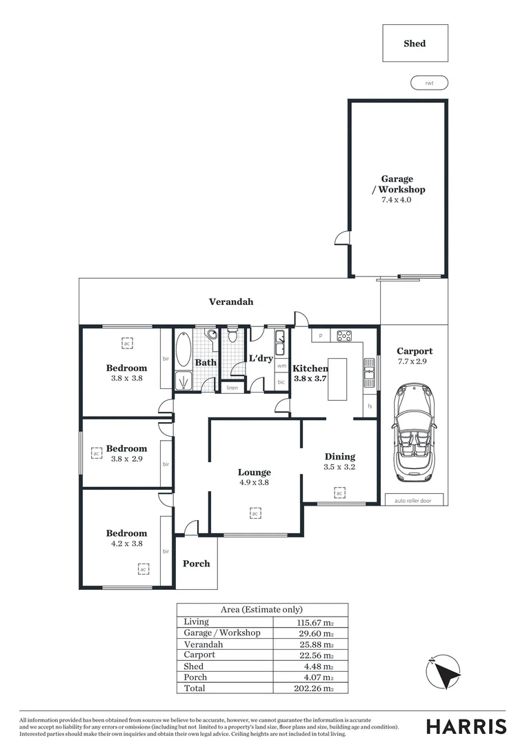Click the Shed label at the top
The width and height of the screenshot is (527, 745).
click(x=415, y=43)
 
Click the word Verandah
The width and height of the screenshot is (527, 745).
click(x=231, y=301)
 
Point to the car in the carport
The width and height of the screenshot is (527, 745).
click(x=414, y=436)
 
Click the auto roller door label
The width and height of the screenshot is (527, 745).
click(x=414, y=500)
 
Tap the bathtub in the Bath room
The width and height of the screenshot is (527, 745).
click(x=183, y=350)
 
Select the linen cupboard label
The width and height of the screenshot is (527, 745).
click(x=232, y=388)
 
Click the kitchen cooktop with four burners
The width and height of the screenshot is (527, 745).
click(x=344, y=336)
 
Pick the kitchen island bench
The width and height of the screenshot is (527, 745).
click(x=337, y=379)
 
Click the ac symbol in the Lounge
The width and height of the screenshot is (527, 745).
click(x=255, y=513)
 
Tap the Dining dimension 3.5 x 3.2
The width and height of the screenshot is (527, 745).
click(x=339, y=467)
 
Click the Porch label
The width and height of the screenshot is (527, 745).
click(x=197, y=564)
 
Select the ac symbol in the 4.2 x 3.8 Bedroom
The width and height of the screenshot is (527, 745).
click(x=143, y=568)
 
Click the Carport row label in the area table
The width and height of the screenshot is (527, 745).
click(x=199, y=655)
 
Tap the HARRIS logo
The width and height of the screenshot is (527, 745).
click(x=466, y=726)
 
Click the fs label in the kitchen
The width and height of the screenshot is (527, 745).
click(x=370, y=406)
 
